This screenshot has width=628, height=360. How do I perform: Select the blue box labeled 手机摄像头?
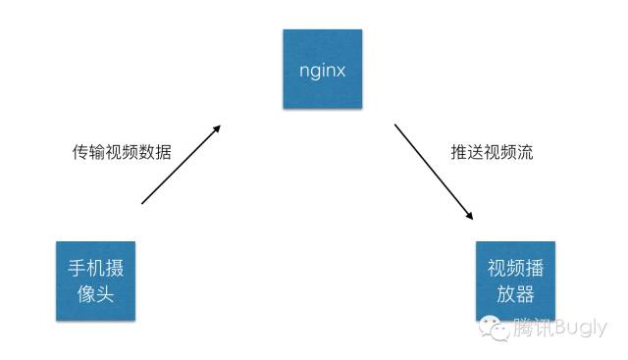tap(96, 280)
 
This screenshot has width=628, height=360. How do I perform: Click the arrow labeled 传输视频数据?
tap(182, 164)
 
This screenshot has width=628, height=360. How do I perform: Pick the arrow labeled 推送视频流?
tap(435, 172)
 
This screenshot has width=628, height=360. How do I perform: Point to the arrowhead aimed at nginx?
tap(218, 129)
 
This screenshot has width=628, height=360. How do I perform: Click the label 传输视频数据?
tap(122, 152)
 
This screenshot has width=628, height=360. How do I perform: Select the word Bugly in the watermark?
tap(582, 329)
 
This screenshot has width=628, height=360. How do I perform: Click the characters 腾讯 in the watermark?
tap(534, 329)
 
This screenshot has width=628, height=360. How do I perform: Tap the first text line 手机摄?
tap(96, 268)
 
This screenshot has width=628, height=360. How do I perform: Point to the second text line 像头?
tap(96, 292)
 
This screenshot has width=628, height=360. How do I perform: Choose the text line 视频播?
tap(514, 268)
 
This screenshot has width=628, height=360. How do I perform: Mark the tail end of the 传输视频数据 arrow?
tap(144, 202)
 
